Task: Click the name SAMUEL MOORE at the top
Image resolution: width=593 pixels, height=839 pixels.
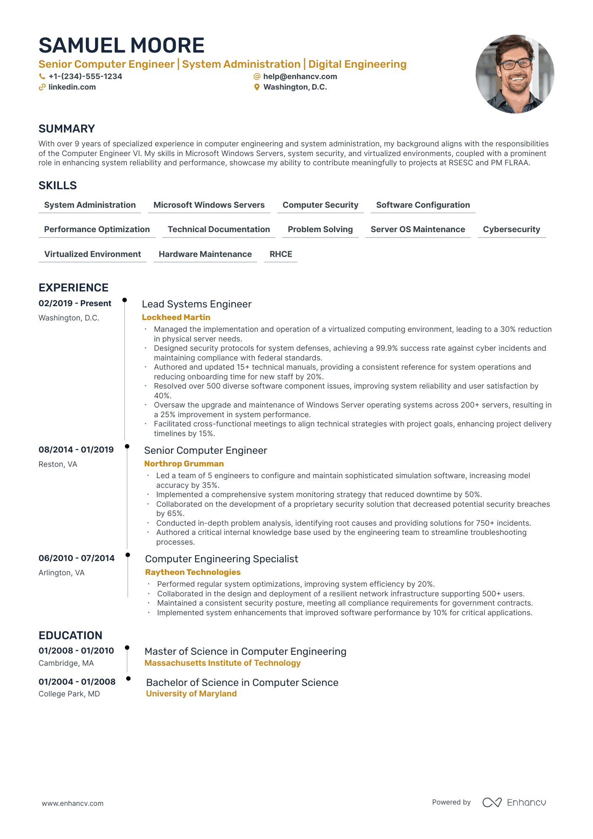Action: tap(122, 45)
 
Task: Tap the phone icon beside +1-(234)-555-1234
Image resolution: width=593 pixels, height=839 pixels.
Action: tap(42, 77)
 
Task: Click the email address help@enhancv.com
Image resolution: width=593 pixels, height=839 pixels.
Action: tap(300, 77)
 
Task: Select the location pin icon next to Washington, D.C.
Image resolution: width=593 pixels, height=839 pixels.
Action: tap(257, 87)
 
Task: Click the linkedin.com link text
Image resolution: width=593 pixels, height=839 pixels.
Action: tap(72, 87)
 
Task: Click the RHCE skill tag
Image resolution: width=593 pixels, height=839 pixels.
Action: tap(281, 254)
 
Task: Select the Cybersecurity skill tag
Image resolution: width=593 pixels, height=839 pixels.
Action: tap(511, 229)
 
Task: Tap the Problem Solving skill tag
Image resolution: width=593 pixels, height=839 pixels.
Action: tap(320, 229)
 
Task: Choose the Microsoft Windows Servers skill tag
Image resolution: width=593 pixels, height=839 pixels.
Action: tap(209, 205)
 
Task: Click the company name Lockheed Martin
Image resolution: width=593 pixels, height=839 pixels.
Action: tap(176, 317)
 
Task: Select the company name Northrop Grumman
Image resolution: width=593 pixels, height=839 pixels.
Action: tap(184, 463)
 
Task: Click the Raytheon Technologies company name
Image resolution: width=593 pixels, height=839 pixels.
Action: tap(193, 572)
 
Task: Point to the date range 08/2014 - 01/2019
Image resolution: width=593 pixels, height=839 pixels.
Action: tap(76, 450)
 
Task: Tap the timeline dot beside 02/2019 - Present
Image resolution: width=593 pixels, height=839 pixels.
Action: tap(124, 300)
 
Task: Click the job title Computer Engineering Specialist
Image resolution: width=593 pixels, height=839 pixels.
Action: tap(221, 559)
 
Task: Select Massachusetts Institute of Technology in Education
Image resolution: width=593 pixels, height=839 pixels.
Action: tap(222, 663)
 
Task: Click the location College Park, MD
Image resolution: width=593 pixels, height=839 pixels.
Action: tap(69, 694)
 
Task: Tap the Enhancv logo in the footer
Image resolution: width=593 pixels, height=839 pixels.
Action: tap(514, 802)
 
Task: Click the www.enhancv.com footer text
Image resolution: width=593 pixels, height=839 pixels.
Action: tap(72, 803)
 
